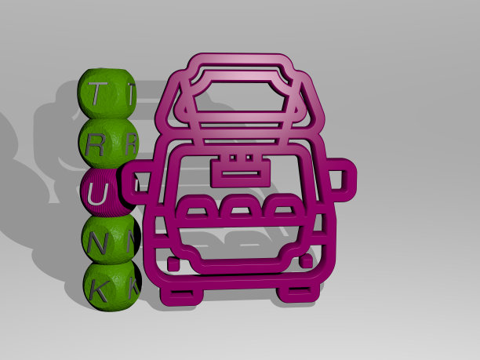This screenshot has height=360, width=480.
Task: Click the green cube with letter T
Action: click(106, 93)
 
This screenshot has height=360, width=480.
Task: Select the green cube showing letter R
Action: click(107, 144)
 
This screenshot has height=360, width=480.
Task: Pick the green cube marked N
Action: click(111, 239)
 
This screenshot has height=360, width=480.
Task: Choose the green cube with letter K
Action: click(112, 286)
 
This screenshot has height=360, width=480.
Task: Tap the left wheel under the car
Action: click(180, 294)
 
